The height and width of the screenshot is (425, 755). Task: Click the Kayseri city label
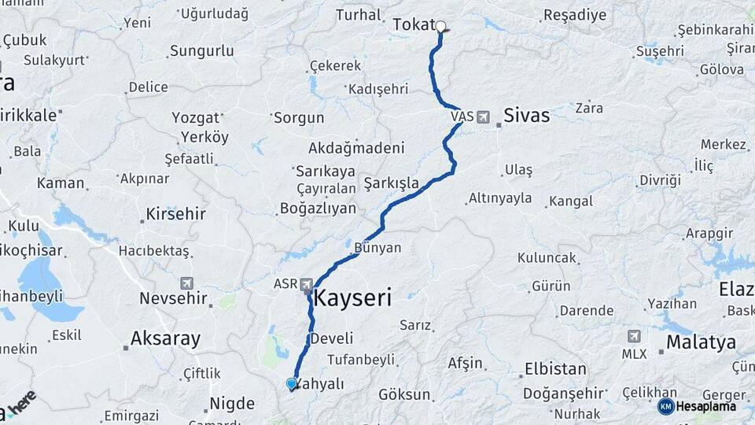click(352, 298)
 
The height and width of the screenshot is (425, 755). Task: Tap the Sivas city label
click(526, 115)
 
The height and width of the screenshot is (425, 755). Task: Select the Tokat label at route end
click(413, 25)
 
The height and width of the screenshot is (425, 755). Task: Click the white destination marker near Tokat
click(440, 26)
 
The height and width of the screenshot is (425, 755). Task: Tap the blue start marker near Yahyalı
click(292, 384)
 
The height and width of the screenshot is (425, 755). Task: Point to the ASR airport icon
click(307, 283)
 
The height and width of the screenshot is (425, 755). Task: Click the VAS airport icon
click(482, 116)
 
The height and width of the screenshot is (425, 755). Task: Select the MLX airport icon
click(634, 336)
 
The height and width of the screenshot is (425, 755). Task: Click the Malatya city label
click(701, 342)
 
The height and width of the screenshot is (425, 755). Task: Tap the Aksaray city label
click(165, 339)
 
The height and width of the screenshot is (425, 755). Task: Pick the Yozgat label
click(196, 118)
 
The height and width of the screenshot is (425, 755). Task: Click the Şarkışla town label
click(391, 183)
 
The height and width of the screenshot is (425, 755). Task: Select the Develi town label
click(332, 338)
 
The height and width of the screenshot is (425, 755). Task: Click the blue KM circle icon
click(665, 406)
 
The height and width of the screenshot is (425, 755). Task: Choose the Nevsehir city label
click(173, 298)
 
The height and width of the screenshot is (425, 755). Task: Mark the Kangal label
click(571, 201)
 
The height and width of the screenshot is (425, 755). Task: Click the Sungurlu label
click(201, 51)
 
